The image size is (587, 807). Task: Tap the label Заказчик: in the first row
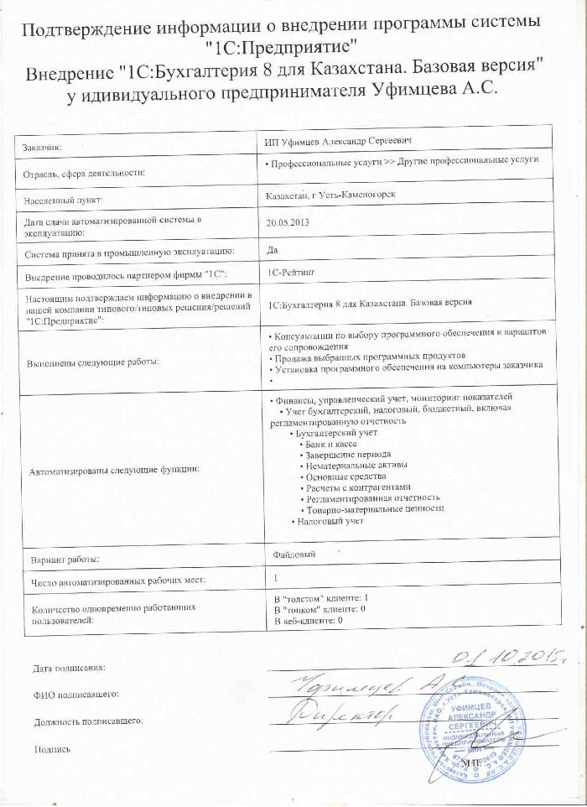[x=48, y=147]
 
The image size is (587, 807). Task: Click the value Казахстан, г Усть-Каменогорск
[x=330, y=195]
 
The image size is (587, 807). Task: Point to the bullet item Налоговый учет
[x=329, y=521]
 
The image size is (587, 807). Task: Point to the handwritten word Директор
[x=347, y=716]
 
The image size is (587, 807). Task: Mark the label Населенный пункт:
[x=64, y=200]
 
